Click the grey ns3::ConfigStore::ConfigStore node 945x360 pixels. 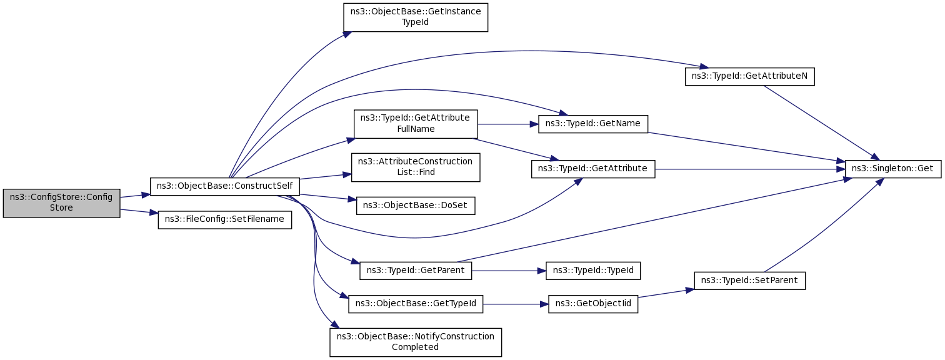pos(61,202)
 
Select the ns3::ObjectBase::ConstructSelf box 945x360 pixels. pos(225,186)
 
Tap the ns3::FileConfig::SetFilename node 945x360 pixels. pos(225,219)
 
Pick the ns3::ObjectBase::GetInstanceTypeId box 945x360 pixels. pos(415,17)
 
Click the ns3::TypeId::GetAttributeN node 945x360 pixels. pos(749,76)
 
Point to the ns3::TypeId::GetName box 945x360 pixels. pos(592,124)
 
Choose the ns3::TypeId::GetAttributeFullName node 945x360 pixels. pos(416,124)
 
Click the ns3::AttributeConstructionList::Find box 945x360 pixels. pos(415,167)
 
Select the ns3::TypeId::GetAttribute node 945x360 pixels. pos(593,169)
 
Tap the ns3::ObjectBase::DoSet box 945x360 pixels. pos(416,206)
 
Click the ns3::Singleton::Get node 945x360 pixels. pos(893,169)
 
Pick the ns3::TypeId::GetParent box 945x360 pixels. pos(415,271)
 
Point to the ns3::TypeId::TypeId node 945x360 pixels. pos(593,271)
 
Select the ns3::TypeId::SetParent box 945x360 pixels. pos(749,281)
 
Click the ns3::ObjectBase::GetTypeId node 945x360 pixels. pos(416,304)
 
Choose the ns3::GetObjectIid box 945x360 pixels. pos(593,304)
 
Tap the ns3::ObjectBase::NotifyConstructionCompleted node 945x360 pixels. pos(416,342)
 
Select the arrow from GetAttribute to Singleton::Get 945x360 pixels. pos(750,169)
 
